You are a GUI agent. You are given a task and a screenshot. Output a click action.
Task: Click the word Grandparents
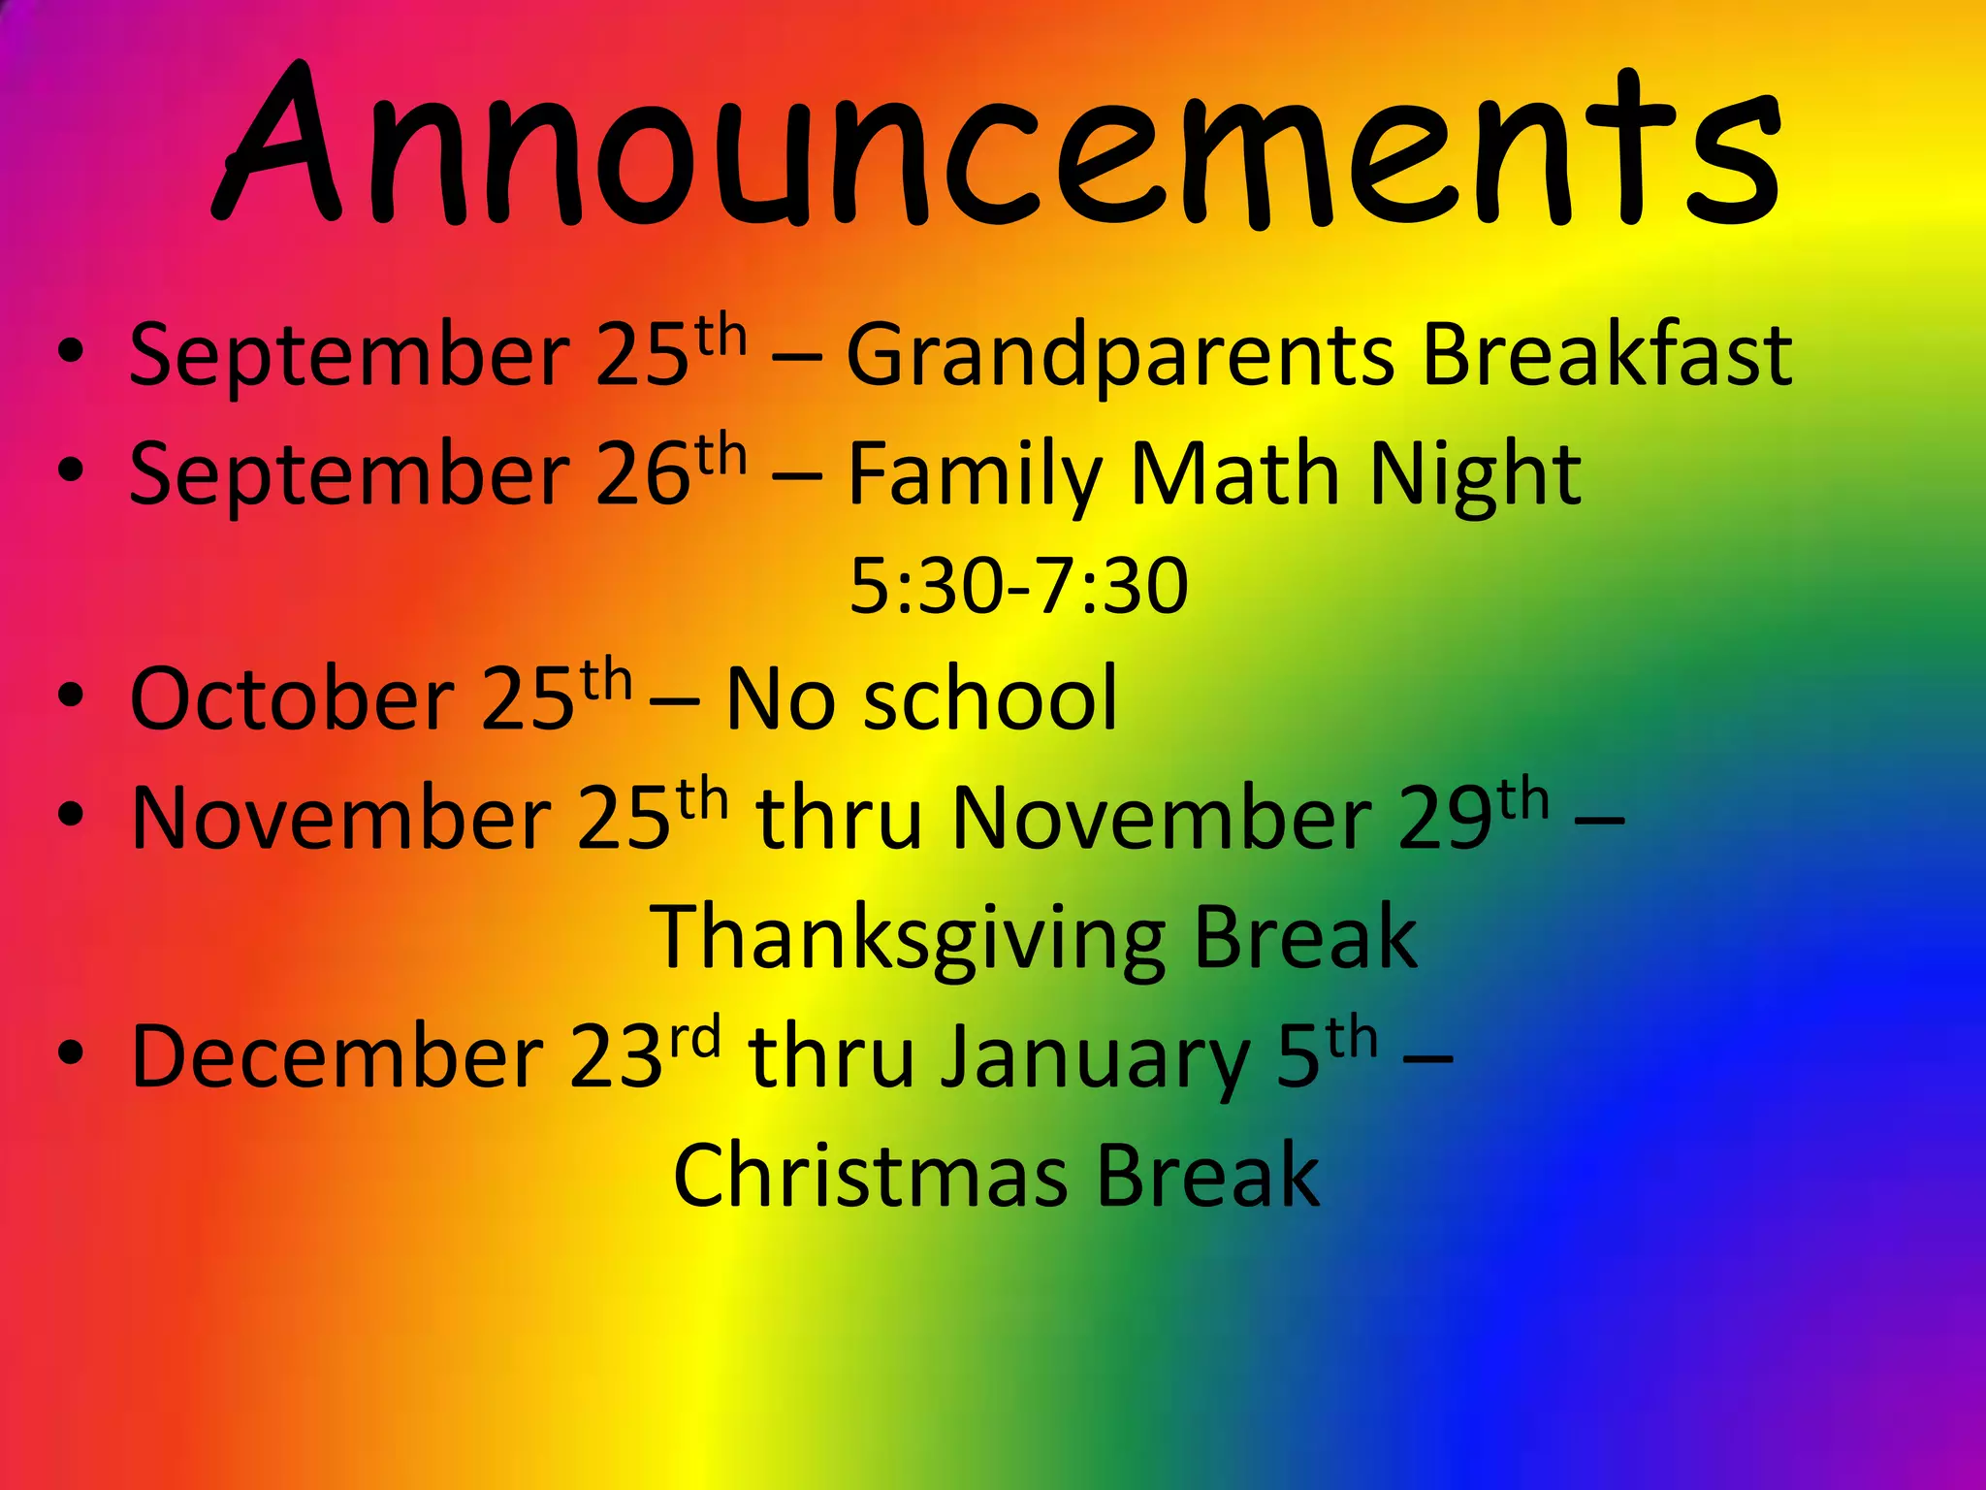tap(1120, 357)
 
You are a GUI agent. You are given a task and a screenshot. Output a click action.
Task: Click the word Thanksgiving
tap(908, 939)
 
